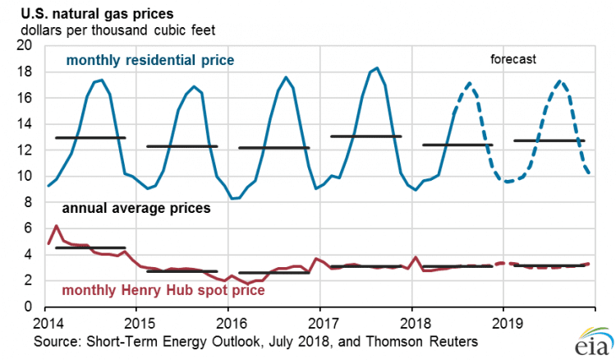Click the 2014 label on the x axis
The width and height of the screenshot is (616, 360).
[48, 321]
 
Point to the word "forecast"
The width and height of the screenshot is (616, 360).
[513, 59]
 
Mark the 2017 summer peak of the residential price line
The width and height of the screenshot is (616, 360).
[377, 68]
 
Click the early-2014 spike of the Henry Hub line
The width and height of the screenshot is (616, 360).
[56, 226]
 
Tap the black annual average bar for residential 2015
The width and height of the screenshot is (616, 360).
[182, 146]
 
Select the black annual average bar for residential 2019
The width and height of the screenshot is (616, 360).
[549, 141]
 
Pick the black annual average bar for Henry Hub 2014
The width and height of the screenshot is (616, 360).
[90, 247]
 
